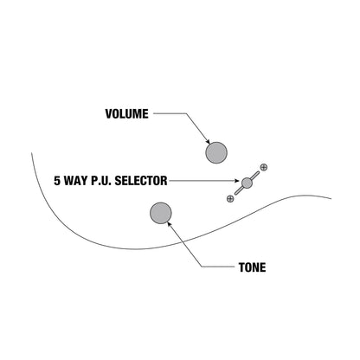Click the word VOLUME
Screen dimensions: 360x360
tap(126, 114)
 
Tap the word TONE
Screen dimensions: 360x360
tap(252, 267)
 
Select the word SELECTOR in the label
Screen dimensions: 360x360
tap(141, 181)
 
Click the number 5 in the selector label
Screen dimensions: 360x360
tap(57, 181)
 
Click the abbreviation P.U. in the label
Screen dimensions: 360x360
tap(101, 181)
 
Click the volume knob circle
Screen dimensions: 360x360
tap(216, 152)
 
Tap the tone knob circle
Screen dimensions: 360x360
tap(161, 213)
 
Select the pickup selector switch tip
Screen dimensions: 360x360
tap(247, 183)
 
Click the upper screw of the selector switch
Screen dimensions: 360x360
tap(264, 167)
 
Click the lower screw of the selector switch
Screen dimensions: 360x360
tap(230, 198)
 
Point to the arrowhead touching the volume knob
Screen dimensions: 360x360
tap(208, 141)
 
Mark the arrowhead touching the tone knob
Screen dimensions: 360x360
tap(169, 224)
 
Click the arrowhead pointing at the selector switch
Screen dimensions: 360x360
tap(237, 181)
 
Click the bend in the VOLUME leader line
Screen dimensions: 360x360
tap(186, 113)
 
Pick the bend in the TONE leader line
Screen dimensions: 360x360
tap(202, 267)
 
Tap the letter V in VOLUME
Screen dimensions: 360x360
tap(109, 114)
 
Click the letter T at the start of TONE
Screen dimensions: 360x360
tap(241, 267)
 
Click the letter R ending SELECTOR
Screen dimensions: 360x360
tap(164, 181)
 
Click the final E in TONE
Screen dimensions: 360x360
tap(263, 267)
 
